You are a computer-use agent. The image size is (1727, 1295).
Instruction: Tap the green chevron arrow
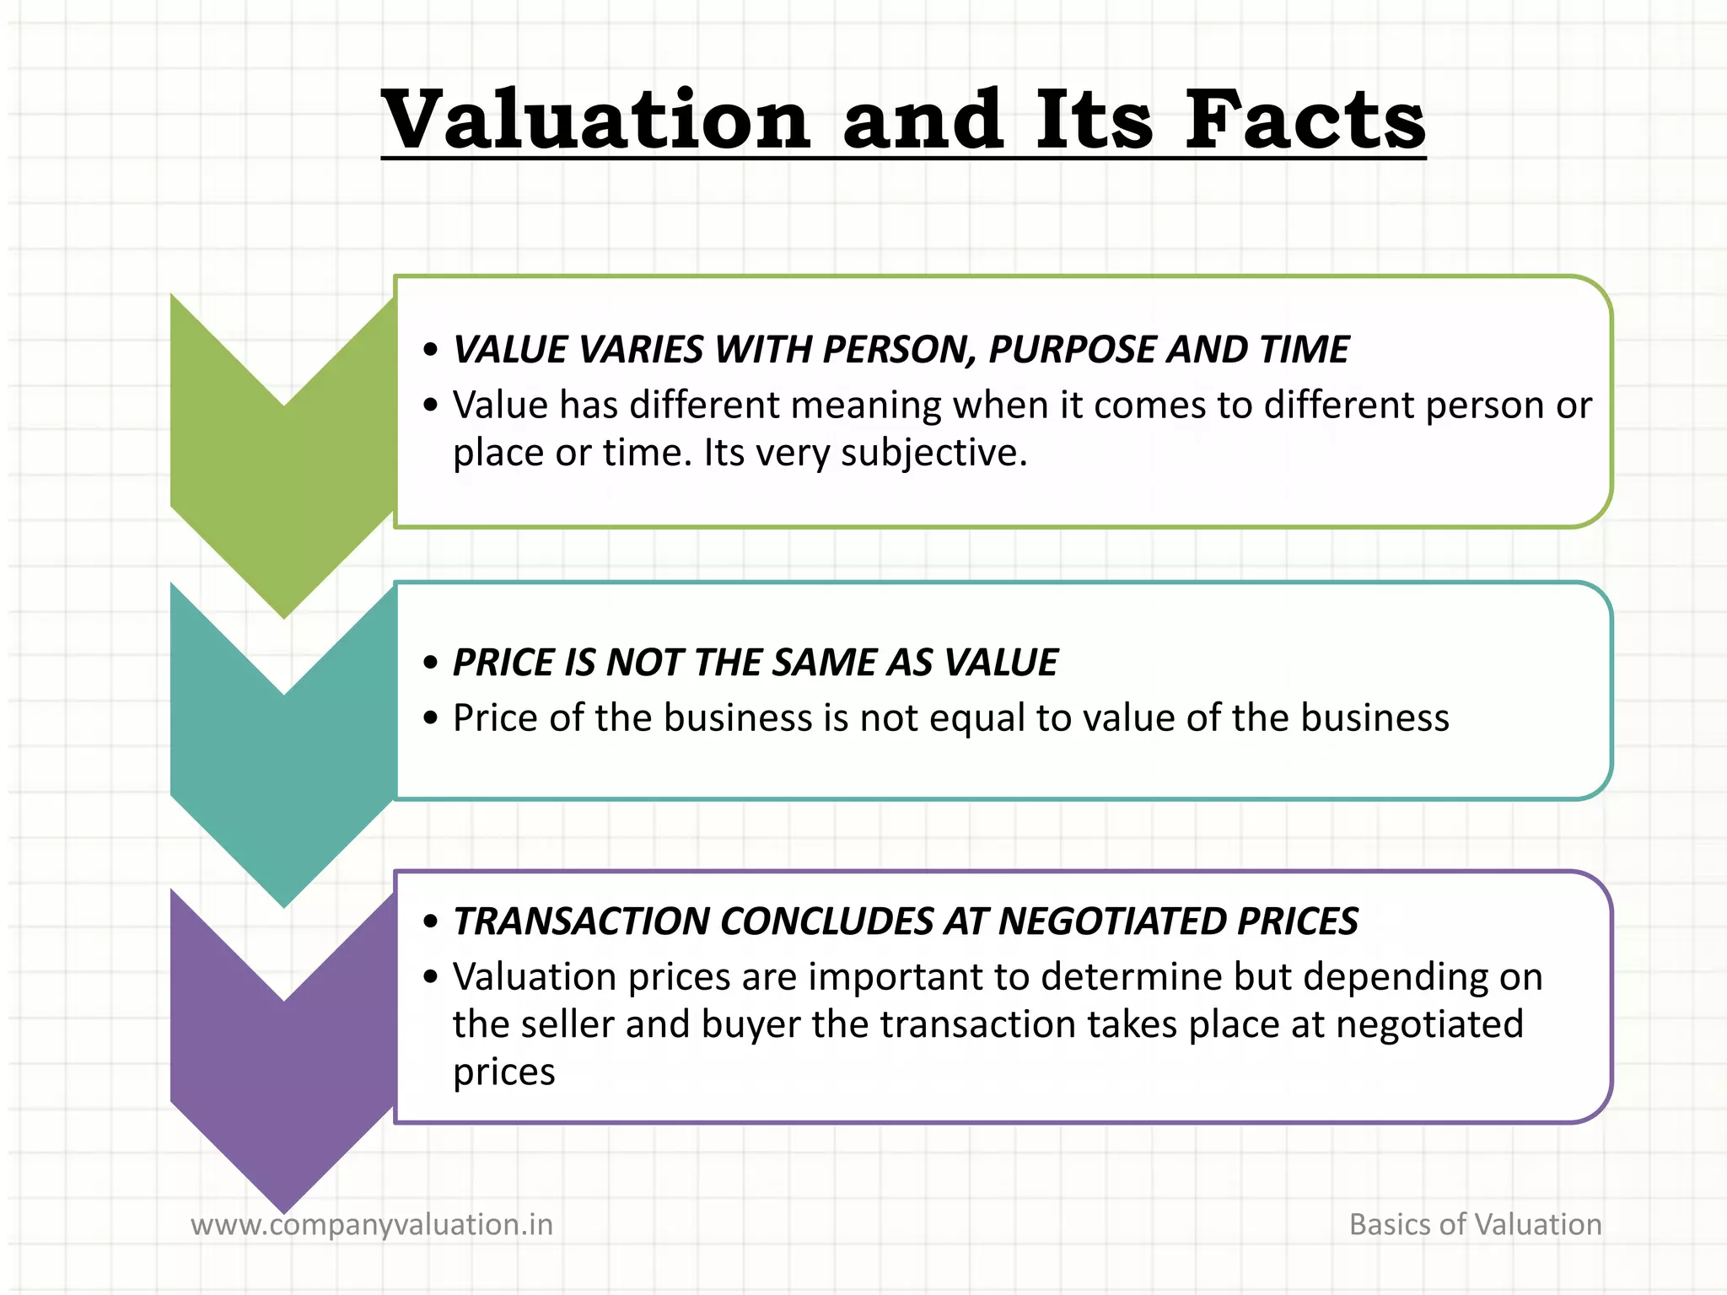click(283, 472)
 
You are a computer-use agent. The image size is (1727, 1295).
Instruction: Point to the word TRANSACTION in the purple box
click(579, 922)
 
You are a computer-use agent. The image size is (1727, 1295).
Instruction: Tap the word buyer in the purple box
click(751, 1025)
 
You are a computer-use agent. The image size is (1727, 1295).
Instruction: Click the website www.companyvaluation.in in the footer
click(372, 1224)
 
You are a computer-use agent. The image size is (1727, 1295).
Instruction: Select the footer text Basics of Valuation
click(1475, 1224)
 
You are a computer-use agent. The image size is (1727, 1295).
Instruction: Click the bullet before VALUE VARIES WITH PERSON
click(431, 350)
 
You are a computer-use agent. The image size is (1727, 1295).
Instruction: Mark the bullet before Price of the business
click(431, 718)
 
